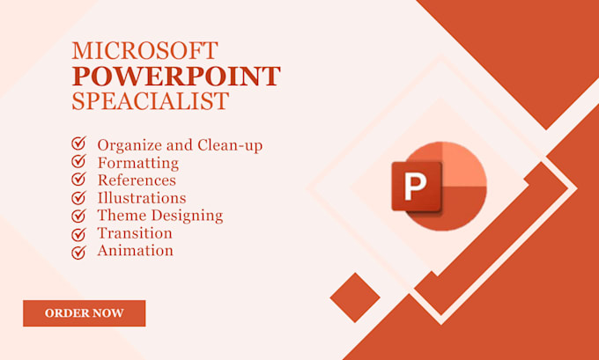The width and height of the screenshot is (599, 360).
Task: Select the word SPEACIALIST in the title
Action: pyautogui.click(x=151, y=101)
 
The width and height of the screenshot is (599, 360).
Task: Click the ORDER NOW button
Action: pyautogui.click(x=85, y=312)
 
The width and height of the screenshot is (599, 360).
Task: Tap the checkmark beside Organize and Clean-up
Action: pyautogui.click(x=78, y=143)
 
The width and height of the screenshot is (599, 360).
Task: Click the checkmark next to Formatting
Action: pyautogui.click(x=78, y=161)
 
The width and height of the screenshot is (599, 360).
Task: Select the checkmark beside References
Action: pyautogui.click(x=78, y=180)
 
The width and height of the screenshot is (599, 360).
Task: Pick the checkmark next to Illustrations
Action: pyautogui.click(x=78, y=197)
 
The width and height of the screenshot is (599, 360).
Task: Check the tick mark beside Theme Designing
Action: pyautogui.click(x=78, y=216)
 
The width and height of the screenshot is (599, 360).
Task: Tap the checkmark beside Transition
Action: pyautogui.click(x=78, y=233)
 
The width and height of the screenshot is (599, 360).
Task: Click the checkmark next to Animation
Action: pyautogui.click(x=78, y=252)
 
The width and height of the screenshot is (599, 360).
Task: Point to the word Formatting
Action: pyautogui.click(x=137, y=163)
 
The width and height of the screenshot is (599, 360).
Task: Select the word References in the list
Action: pyautogui.click(x=137, y=180)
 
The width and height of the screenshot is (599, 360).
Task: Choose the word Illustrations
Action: pyautogui.click(x=141, y=197)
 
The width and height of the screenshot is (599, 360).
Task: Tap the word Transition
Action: pyautogui.click(x=135, y=233)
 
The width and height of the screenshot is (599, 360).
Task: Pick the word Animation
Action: pyautogui.click(x=135, y=251)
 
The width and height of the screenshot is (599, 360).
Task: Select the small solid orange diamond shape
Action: pyautogui.click(x=354, y=298)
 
